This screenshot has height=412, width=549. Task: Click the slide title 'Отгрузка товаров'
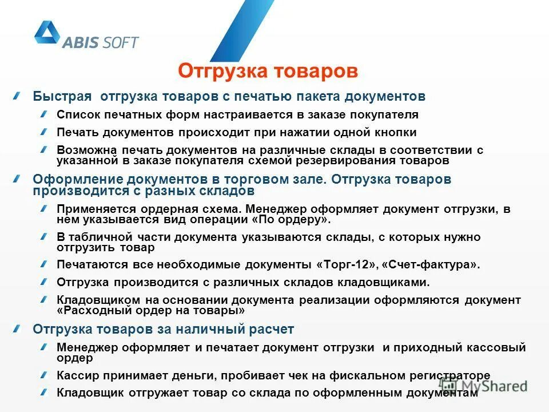[x=268, y=71]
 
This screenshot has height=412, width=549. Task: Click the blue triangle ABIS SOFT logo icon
[x=46, y=33]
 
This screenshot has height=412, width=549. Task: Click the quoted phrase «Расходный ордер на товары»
[x=151, y=311]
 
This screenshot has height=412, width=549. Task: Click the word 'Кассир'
[x=79, y=375]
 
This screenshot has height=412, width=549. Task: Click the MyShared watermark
[x=483, y=385]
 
